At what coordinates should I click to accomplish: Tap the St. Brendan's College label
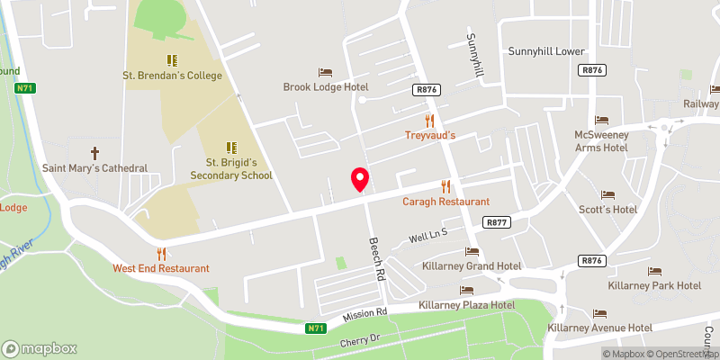pyautogui.click(x=172, y=76)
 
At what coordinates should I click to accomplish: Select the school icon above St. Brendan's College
pyautogui.click(x=170, y=59)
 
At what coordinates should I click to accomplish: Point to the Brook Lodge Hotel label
pyautogui.click(x=326, y=87)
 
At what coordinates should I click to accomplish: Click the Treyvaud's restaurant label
pyautogui.click(x=428, y=135)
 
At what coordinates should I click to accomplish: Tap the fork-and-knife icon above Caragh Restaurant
pyautogui.click(x=445, y=186)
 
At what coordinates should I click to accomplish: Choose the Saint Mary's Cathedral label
pyautogui.click(x=94, y=168)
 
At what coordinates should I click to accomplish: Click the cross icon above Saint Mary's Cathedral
pyautogui.click(x=94, y=153)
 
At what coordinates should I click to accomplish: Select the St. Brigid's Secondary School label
pyautogui.click(x=230, y=168)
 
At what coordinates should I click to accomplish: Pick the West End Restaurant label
pyautogui.click(x=161, y=268)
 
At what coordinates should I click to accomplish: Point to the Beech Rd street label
pyautogui.click(x=377, y=259)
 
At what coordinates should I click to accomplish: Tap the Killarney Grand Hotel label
pyautogui.click(x=472, y=266)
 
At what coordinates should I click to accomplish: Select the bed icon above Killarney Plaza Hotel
pyautogui.click(x=466, y=291)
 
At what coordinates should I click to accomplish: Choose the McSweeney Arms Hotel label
pyautogui.click(x=601, y=140)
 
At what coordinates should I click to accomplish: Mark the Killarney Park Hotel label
pyautogui.click(x=654, y=285)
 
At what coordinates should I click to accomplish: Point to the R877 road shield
pyautogui.click(x=495, y=221)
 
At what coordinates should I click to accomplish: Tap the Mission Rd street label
pyautogui.click(x=364, y=314)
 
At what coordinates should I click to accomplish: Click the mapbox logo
pyautogui.click(x=40, y=348)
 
